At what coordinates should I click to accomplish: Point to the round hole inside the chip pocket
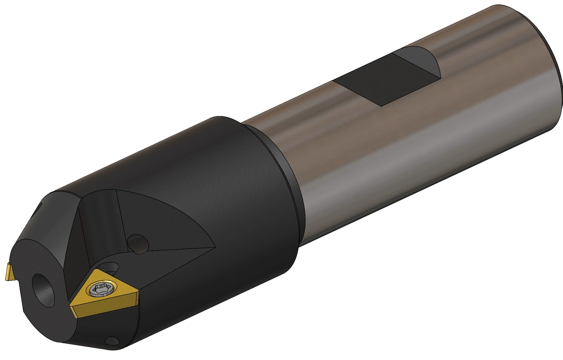(138, 244)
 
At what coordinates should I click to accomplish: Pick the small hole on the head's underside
(113, 341)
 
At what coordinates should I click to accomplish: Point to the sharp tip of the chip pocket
(213, 247)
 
